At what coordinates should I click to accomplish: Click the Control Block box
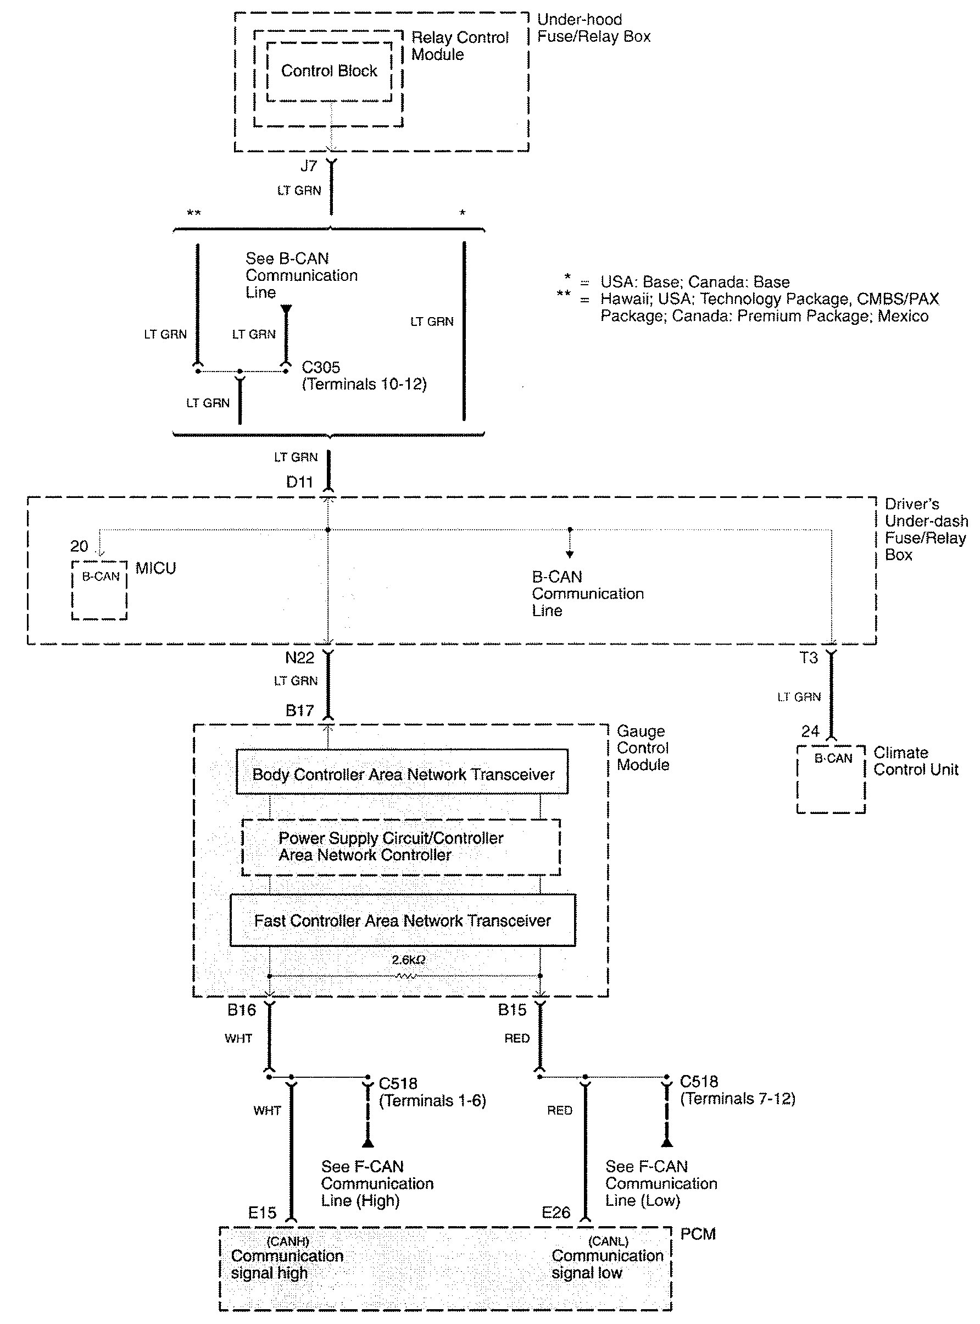(x=328, y=71)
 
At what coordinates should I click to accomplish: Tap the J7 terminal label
(x=309, y=166)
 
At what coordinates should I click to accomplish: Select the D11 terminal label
(x=299, y=482)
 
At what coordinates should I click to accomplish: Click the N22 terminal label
(x=299, y=657)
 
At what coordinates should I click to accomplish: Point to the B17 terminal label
(x=299, y=711)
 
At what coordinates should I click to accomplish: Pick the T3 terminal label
(x=809, y=657)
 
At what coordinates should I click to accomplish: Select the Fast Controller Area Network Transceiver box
(x=402, y=921)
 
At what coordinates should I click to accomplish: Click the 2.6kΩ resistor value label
(x=408, y=960)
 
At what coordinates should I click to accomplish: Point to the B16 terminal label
(x=242, y=1010)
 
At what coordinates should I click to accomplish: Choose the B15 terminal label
(x=512, y=1010)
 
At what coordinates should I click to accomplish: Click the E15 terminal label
(x=262, y=1212)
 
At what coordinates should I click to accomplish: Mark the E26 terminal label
(x=556, y=1212)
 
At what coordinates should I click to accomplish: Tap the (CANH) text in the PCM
(x=288, y=1241)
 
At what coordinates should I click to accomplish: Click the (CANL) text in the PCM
(x=608, y=1241)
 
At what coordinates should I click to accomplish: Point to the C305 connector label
(x=321, y=367)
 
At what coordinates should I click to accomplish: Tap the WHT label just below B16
(x=238, y=1039)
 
